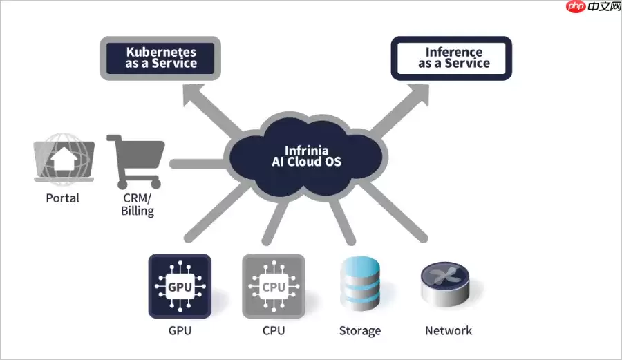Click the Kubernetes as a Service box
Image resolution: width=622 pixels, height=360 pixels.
160,57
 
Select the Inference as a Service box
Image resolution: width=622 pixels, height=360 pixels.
452,58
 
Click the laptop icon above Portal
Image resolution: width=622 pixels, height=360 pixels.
64,161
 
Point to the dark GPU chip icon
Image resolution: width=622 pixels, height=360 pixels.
180,285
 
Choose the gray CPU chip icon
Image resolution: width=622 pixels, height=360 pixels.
273,285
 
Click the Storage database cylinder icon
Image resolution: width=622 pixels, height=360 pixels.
359,285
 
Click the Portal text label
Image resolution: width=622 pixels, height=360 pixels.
63,198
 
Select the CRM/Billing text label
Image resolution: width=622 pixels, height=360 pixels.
137,205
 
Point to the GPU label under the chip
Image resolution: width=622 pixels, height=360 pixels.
180,330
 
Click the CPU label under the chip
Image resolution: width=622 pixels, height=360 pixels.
274,330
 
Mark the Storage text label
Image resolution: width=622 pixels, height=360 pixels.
359,330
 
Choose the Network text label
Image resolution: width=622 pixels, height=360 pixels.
449,330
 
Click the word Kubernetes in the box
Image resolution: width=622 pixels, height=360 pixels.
161,52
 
